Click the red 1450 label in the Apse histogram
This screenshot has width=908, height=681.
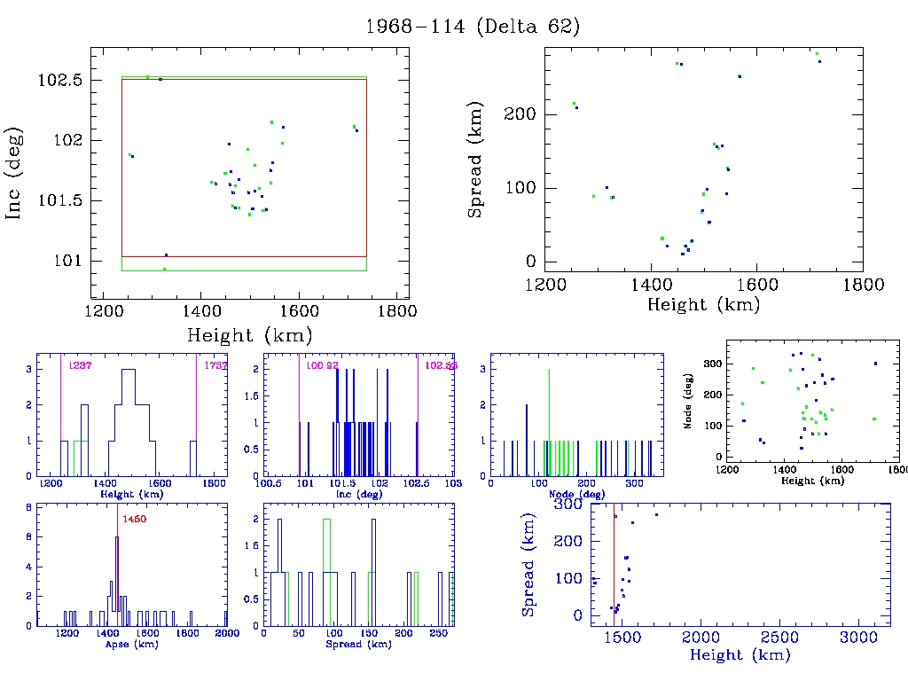click(134, 518)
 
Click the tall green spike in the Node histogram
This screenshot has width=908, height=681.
click(549, 417)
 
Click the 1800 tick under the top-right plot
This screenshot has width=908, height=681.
click(863, 285)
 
